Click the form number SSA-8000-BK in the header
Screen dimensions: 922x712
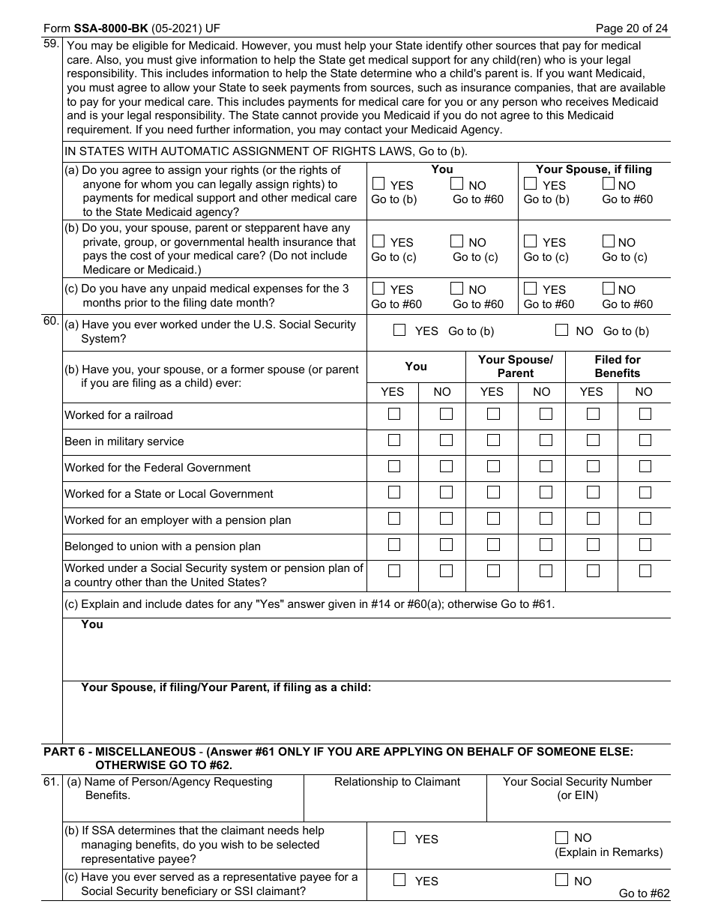[x=110, y=29]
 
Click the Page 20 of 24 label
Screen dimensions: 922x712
[x=631, y=29]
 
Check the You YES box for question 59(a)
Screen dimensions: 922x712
[x=379, y=184]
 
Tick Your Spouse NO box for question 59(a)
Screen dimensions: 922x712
[x=609, y=184]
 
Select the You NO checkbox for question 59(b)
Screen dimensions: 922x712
[x=457, y=241]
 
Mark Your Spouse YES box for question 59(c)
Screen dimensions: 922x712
[x=531, y=289]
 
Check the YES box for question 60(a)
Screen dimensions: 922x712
[x=399, y=330]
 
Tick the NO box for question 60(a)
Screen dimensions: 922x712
[x=561, y=330]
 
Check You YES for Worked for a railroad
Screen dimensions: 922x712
[x=394, y=414]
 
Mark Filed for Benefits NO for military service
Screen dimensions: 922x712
[x=645, y=440]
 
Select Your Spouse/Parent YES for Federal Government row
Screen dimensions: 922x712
[x=493, y=466]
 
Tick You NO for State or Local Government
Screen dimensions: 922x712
[x=446, y=492]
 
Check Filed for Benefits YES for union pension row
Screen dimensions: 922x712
[x=593, y=545]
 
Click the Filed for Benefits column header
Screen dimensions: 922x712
[x=618, y=366]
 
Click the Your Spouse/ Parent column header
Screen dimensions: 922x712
[x=515, y=366]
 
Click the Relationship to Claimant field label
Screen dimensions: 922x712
[x=397, y=782]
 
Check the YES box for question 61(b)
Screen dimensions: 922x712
[x=399, y=838]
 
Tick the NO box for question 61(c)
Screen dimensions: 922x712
[x=561, y=881]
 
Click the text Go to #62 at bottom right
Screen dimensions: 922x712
[x=644, y=894]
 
